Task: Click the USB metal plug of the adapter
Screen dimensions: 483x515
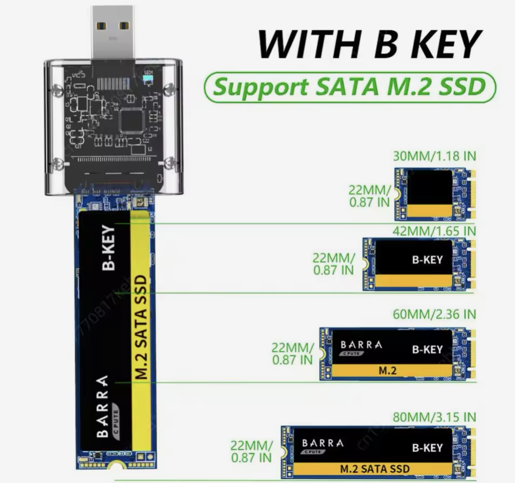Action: [x=113, y=32]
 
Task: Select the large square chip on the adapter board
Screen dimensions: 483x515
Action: [x=131, y=120]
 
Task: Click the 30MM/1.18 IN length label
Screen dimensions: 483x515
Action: [x=434, y=156]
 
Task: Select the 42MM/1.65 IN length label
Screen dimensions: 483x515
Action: [x=434, y=231]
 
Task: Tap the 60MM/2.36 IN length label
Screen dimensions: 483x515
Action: [x=434, y=314]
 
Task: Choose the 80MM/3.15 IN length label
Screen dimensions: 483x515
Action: [x=434, y=417]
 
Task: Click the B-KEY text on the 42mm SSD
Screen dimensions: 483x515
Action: [x=428, y=260]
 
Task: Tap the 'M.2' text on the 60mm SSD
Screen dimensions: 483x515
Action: [x=387, y=371]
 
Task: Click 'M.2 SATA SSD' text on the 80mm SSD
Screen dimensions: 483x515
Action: [x=375, y=469]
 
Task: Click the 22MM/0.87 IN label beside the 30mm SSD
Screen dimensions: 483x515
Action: [x=369, y=196]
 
